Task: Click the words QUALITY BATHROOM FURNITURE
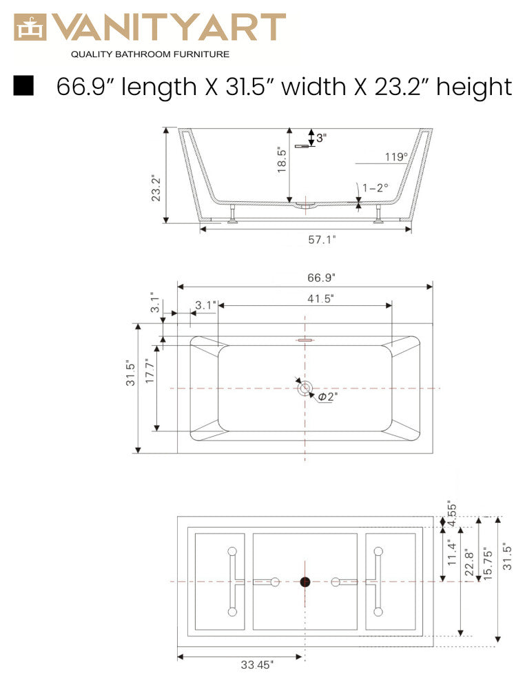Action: [x=150, y=54]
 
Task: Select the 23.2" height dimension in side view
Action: [x=156, y=187]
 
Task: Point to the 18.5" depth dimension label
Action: [x=282, y=160]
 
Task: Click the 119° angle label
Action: [x=396, y=157]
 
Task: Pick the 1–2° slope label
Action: [x=375, y=187]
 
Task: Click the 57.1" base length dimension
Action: [x=322, y=240]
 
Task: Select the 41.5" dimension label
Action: [x=320, y=298]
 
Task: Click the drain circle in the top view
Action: [x=305, y=389]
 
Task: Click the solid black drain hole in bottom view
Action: [x=305, y=582]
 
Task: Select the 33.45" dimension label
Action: [x=258, y=665]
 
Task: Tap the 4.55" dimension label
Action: [x=450, y=514]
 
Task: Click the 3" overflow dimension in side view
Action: [x=321, y=138]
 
